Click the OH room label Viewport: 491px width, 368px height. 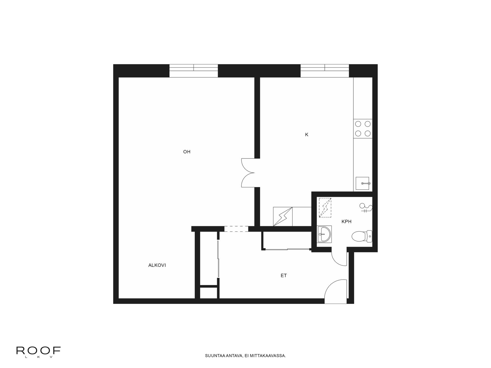pos(187,152)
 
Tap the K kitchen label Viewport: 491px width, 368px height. pos(307,135)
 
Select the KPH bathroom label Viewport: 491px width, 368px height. pos(346,222)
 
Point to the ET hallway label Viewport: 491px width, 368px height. pos(284,275)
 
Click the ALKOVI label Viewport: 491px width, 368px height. pos(157,265)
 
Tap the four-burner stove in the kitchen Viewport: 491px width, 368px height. pos(363,129)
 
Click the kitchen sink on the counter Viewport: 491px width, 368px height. pos(363,183)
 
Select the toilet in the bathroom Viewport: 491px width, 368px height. pos(362,236)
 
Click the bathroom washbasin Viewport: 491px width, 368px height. pos(324,234)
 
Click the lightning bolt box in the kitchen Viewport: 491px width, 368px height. pos(283,216)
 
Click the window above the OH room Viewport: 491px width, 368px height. pos(194,71)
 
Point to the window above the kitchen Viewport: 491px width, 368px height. pos(325,71)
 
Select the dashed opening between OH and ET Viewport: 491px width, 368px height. pos(236,229)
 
